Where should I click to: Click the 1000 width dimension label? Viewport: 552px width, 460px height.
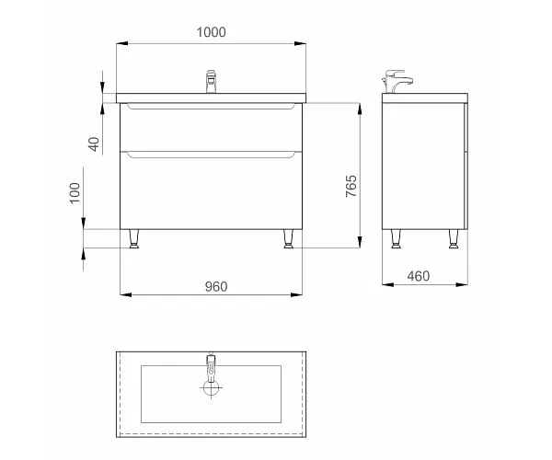[x=211, y=32]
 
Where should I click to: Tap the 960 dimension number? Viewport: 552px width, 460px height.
[x=216, y=287]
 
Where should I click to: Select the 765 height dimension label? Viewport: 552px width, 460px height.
[x=351, y=186]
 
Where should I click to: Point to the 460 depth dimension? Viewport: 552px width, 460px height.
[x=419, y=276]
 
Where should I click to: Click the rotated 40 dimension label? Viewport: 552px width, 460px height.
[x=94, y=144]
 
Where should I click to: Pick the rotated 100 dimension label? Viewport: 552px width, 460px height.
[x=75, y=193]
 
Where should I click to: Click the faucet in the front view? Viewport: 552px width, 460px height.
[x=211, y=82]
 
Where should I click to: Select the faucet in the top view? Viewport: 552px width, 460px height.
[x=211, y=368]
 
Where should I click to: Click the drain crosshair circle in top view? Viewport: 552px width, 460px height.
[x=211, y=388]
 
